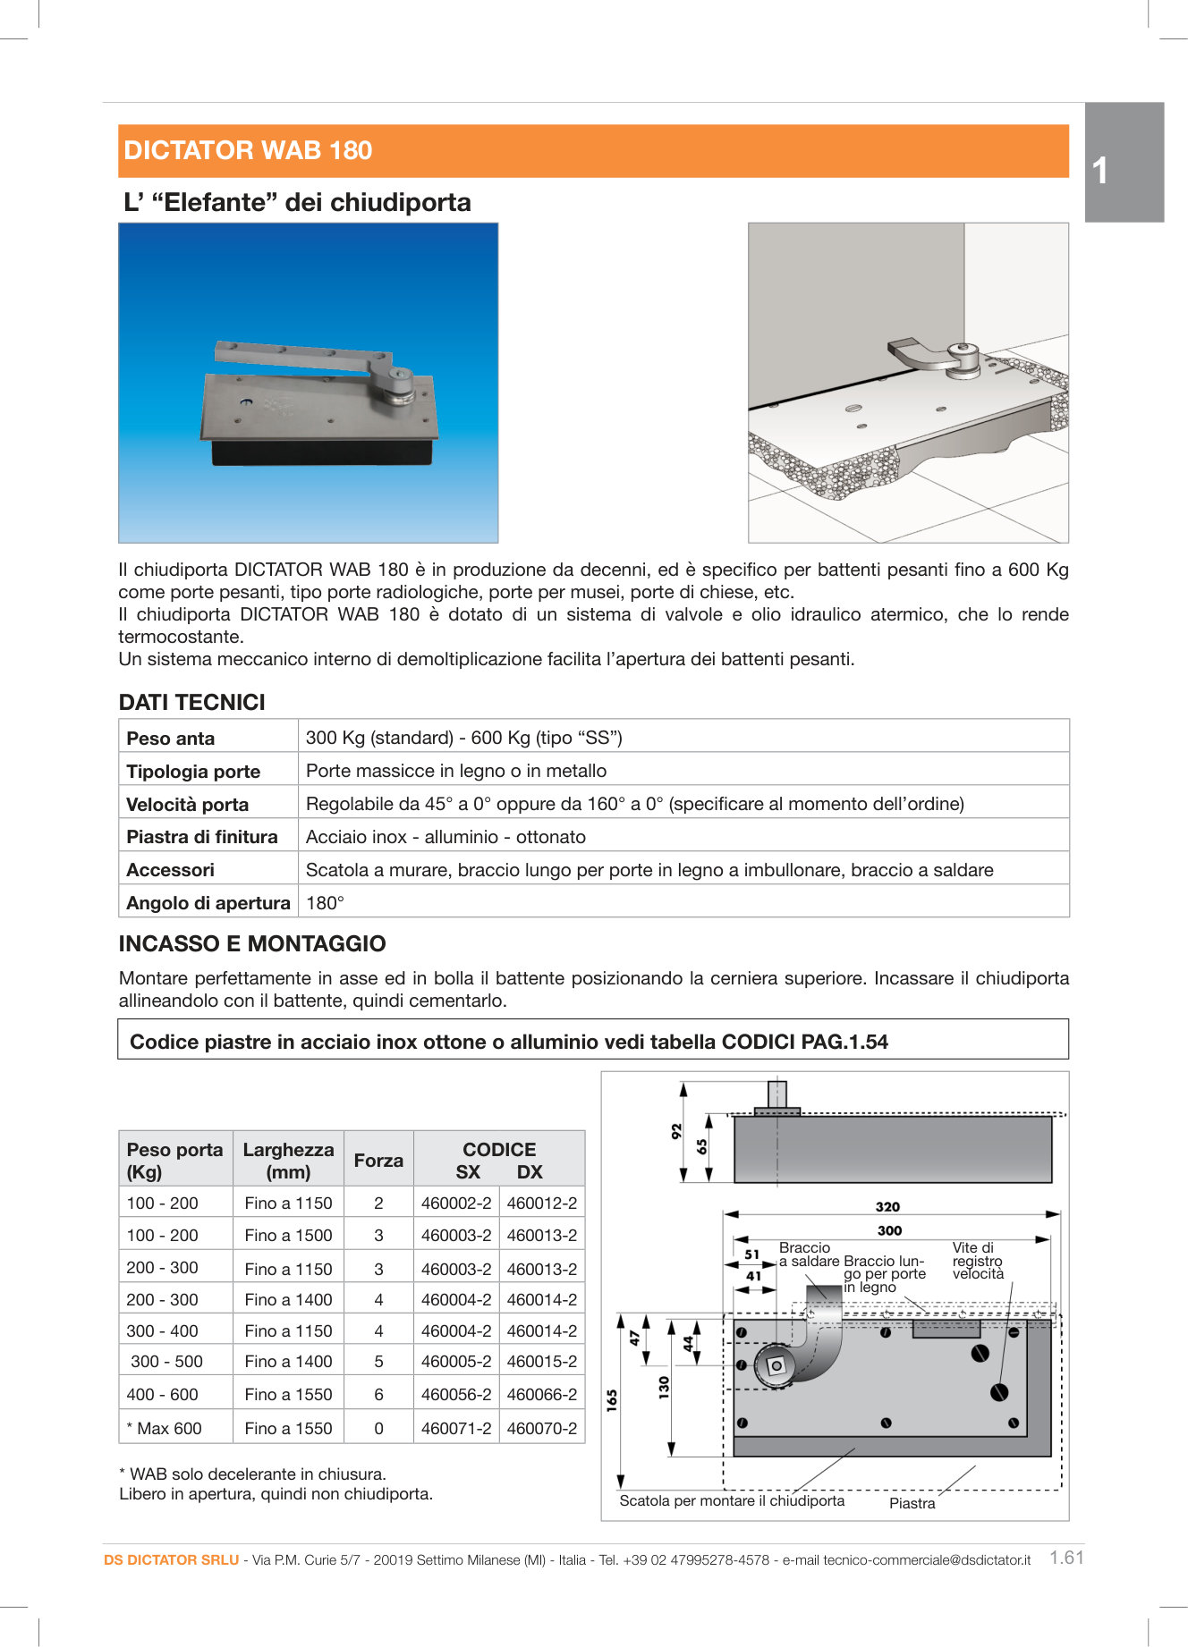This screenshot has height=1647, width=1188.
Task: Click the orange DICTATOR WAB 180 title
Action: [248, 150]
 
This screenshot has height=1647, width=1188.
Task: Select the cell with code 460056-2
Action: [456, 1394]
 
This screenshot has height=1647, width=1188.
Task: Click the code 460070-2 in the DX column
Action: [541, 1428]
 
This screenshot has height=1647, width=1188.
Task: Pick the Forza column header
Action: [378, 1160]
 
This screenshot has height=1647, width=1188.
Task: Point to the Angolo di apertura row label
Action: [208, 902]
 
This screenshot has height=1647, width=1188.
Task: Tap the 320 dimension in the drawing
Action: [887, 1206]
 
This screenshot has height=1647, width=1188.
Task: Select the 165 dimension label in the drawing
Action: [612, 1399]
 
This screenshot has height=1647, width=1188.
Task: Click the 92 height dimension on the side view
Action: [676, 1130]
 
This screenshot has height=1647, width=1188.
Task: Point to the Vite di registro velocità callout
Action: [977, 1260]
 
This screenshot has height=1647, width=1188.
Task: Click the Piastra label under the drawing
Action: [912, 1503]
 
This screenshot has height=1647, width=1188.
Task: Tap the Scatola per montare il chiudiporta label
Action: [731, 1500]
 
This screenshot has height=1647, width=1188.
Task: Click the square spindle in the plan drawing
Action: [775, 1365]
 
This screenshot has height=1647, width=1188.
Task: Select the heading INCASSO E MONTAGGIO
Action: [252, 943]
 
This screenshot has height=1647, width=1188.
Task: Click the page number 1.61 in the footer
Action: [1066, 1557]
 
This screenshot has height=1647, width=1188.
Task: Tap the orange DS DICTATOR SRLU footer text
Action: [171, 1559]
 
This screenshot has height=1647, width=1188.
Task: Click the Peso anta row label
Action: [171, 738]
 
